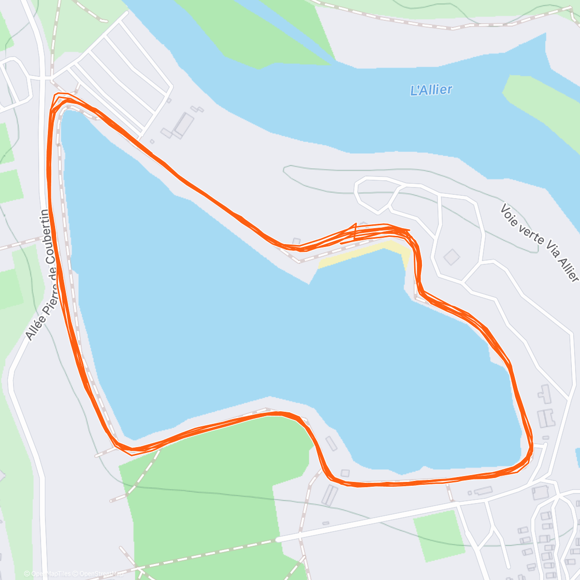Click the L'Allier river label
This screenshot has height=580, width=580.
431,90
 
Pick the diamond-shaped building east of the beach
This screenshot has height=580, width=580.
451,257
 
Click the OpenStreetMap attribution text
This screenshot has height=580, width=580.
100,574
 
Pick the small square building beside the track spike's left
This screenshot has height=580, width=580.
296,241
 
